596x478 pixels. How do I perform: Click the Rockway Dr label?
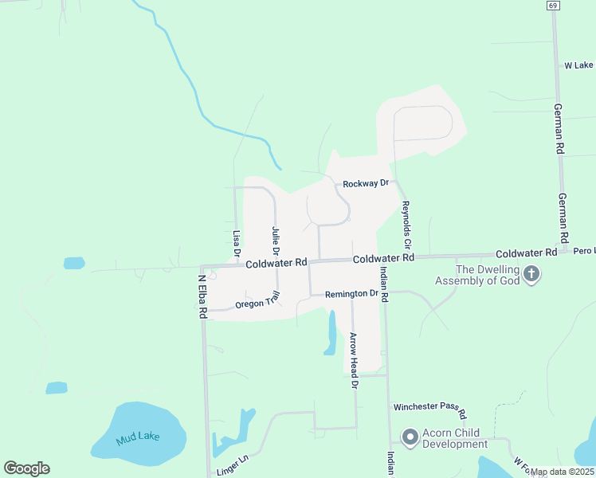[365, 183]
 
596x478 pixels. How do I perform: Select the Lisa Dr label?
[237, 244]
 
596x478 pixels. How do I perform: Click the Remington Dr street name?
[351, 294]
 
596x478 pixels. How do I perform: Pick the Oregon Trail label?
[259, 300]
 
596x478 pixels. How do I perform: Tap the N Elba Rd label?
[202, 297]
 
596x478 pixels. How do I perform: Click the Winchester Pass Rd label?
[429, 406]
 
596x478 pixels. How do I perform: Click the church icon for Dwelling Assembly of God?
[532, 275]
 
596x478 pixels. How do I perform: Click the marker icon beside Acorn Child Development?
[410, 437]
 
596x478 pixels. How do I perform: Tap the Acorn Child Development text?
[454, 438]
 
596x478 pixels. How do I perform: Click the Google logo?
[26, 468]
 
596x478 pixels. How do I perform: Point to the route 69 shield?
[552, 5]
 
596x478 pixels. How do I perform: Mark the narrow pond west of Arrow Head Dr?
[331, 332]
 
